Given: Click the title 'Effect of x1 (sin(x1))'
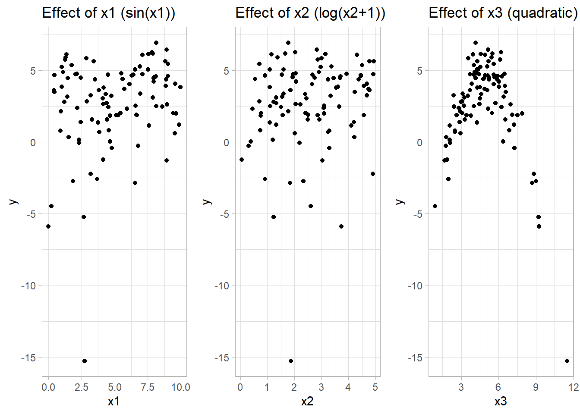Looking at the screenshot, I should coord(109,13).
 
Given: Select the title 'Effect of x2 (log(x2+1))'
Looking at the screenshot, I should coord(310,13).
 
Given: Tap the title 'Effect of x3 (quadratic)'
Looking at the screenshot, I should coord(503,13).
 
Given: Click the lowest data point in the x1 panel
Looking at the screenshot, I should coord(85,361).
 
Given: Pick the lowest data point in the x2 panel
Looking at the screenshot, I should coord(291,361).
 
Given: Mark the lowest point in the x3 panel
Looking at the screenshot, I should coord(567,361).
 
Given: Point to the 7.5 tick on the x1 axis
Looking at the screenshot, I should coord(148,387).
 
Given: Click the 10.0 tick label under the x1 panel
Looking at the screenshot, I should coord(180,387).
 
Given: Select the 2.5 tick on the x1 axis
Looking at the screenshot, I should coord(82,387).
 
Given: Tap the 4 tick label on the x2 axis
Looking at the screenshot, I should coord(348,387).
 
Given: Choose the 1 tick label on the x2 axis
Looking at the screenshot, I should coord(267,387).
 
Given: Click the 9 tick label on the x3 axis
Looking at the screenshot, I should coord(536,387).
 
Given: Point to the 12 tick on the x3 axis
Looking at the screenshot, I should coord(573,387).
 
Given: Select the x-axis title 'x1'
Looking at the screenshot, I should coord(113,401).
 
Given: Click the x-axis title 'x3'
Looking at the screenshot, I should coord(501,401).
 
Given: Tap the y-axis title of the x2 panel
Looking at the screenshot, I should coord(207,201).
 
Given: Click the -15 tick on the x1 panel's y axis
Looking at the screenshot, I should coord(29,358).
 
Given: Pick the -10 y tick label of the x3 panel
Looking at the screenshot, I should coord(416,285).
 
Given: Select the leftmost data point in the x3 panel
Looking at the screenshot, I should coord(435,206).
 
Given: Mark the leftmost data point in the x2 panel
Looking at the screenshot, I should coord(242,160).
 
